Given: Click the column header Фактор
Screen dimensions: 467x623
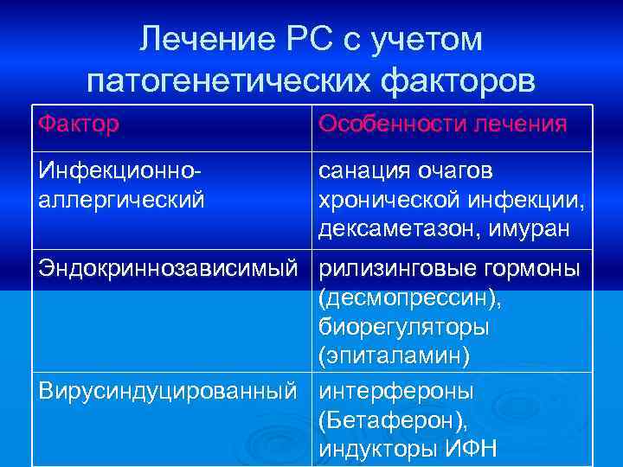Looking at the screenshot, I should point(78,125).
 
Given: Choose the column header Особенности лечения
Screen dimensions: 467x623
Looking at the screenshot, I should point(442,125).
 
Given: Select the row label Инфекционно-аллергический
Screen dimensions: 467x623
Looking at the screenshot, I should point(121,186).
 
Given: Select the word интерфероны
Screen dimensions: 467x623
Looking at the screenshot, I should point(395,391).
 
